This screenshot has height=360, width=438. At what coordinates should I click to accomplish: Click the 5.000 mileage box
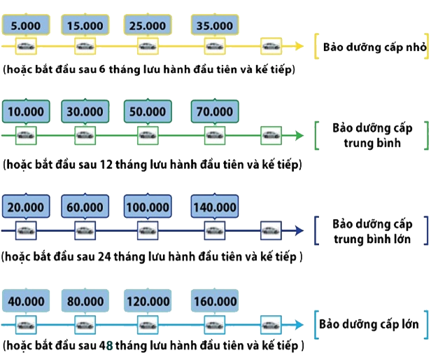[x=26, y=26]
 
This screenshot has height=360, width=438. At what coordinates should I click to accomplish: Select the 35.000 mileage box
[x=215, y=26]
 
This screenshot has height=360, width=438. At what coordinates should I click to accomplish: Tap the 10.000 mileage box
[x=26, y=111]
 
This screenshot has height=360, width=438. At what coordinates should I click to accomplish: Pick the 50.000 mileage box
[x=148, y=111]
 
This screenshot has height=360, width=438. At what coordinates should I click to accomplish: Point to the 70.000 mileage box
[x=215, y=111]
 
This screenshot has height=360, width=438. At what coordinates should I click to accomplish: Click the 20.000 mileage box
[x=26, y=207]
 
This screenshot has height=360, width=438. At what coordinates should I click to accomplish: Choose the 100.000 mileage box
[x=148, y=207]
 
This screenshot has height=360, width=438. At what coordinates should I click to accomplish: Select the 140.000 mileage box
[x=215, y=207]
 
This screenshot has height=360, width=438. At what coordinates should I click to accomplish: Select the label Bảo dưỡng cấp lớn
[x=369, y=325]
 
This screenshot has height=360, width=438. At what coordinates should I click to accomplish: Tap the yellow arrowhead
[x=299, y=47]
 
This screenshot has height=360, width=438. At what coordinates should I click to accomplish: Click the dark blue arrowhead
[x=299, y=230]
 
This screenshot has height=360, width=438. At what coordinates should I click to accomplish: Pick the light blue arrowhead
[x=299, y=325]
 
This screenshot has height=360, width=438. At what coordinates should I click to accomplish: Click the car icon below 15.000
[x=85, y=47]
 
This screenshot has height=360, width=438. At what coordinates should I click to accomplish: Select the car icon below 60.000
[x=85, y=230]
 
